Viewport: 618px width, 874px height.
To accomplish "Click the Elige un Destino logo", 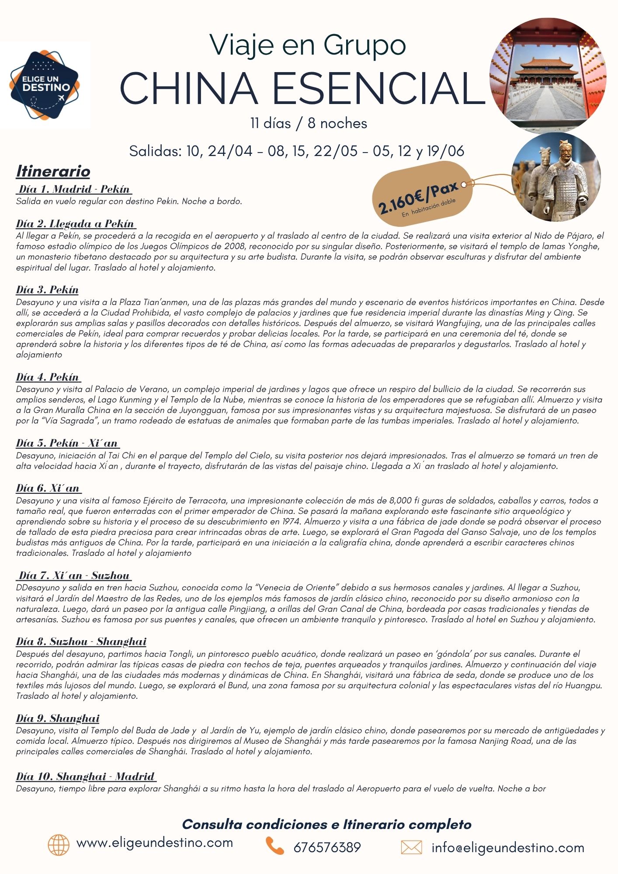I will pyautogui.click(x=45, y=85).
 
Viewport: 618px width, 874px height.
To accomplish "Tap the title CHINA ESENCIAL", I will pyautogui.click(x=302, y=88).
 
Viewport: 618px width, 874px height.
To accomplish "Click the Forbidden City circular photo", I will pyautogui.click(x=548, y=76).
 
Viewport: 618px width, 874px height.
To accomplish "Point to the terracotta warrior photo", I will pyautogui.click(x=556, y=177).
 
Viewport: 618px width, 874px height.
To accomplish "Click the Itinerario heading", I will pyautogui.click(x=53, y=171).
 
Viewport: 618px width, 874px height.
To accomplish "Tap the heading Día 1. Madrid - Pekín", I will pyautogui.click(x=74, y=189).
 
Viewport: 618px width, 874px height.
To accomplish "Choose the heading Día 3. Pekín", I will pyautogui.click(x=47, y=290).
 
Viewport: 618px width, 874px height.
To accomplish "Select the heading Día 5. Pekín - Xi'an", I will pyautogui.click(x=67, y=443).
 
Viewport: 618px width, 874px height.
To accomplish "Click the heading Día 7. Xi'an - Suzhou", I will pyautogui.click(x=74, y=576).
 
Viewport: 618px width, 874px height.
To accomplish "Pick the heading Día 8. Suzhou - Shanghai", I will pyautogui.click(x=81, y=642).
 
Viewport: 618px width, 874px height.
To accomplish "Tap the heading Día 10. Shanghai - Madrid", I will pyautogui.click(x=86, y=777).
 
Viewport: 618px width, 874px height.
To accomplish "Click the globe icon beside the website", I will pyautogui.click(x=59, y=845).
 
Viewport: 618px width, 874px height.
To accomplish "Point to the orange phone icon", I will pyautogui.click(x=274, y=846).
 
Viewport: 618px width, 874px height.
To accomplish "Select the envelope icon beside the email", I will pyautogui.click(x=411, y=847).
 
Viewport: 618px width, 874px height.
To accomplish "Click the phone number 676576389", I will pyautogui.click(x=327, y=848).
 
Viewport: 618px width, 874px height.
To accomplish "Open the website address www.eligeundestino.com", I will pyautogui.click(x=155, y=843).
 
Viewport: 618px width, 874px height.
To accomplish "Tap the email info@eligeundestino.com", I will pyautogui.click(x=508, y=848).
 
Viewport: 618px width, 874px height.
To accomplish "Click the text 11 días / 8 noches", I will pyautogui.click(x=309, y=123).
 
